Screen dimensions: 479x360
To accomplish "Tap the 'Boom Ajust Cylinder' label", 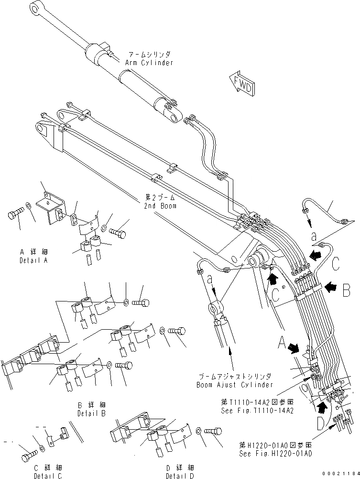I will (235, 384).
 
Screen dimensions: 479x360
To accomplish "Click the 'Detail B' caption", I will (91, 412).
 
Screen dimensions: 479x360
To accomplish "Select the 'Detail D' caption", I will (180, 476).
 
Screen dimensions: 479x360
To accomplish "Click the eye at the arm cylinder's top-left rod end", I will (36, 8).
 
